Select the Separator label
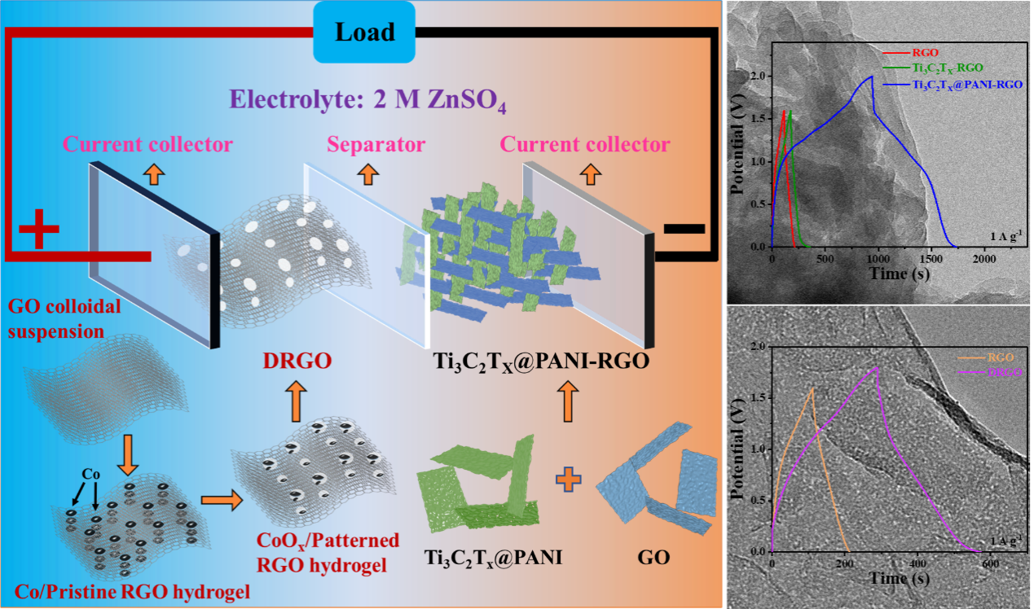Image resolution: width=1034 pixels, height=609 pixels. tap(376, 145)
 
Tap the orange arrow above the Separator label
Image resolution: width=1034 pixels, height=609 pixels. tap(367, 173)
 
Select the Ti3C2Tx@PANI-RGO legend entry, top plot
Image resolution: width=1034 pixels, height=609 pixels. tap(967, 85)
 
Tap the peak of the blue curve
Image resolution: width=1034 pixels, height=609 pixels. tap(872, 77)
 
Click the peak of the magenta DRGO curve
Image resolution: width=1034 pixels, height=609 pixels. tap(878, 367)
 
